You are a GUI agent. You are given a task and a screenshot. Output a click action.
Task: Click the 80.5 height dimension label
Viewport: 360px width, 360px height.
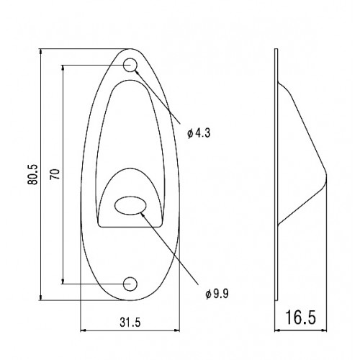pyautogui.click(x=33, y=174)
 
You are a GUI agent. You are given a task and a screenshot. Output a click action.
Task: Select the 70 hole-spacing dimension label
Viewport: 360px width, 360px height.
pyautogui.click(x=55, y=174)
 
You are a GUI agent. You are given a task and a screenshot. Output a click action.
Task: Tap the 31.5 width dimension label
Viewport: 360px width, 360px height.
pyautogui.click(x=130, y=323)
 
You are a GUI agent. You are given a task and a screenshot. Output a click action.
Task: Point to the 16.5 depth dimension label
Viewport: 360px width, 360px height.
pyautogui.click(x=300, y=317)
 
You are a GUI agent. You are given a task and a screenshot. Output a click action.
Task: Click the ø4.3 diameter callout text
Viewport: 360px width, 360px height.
pyautogui.click(x=199, y=132)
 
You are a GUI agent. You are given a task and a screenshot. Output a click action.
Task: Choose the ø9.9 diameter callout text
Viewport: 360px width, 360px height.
pyautogui.click(x=217, y=294)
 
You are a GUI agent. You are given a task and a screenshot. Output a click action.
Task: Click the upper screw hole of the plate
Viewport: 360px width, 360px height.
pyautogui.click(x=130, y=65)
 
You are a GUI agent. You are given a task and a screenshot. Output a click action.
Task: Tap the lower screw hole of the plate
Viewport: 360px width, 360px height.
pyautogui.click(x=130, y=284)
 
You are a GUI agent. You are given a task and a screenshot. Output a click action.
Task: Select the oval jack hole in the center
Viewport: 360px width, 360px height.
pyautogui.click(x=130, y=205)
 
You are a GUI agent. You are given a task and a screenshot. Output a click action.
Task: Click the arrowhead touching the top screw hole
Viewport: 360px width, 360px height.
pyautogui.click(x=137, y=72)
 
